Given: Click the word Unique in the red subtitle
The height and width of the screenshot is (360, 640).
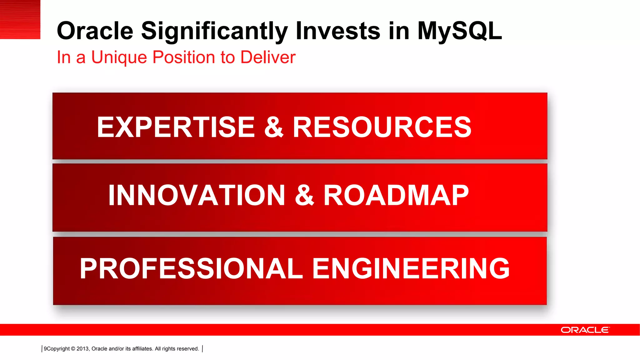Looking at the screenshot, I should pos(119,57).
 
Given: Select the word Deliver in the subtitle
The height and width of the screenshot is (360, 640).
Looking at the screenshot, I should pos(268,57).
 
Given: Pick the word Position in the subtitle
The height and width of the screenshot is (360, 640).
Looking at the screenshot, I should pos(184,57).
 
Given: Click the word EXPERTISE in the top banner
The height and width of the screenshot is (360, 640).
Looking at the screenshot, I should pos(176,127).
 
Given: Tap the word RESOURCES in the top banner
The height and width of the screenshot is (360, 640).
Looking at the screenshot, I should pos(382,127).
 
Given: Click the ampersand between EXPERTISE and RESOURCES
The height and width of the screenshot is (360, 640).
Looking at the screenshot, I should pos(274,127).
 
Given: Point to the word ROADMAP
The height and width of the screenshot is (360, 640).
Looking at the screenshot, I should pos(396,195).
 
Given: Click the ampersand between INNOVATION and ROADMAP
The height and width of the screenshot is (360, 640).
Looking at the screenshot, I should pos(304,195).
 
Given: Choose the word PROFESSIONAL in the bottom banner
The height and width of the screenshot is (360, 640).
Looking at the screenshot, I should pos(191,268).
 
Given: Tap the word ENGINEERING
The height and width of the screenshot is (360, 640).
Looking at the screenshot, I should pos(411,268).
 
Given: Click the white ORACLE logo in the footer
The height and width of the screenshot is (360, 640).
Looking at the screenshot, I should pos(585,330).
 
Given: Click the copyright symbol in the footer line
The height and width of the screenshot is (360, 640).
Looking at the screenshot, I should pos(73,349).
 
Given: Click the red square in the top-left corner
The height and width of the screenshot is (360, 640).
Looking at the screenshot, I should pos(20,19).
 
